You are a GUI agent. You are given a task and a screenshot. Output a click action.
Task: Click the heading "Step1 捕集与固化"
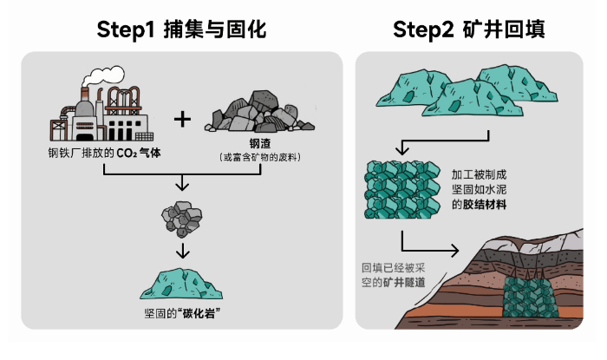tap(182, 29)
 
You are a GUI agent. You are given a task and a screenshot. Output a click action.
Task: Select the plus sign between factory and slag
tap(182, 118)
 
